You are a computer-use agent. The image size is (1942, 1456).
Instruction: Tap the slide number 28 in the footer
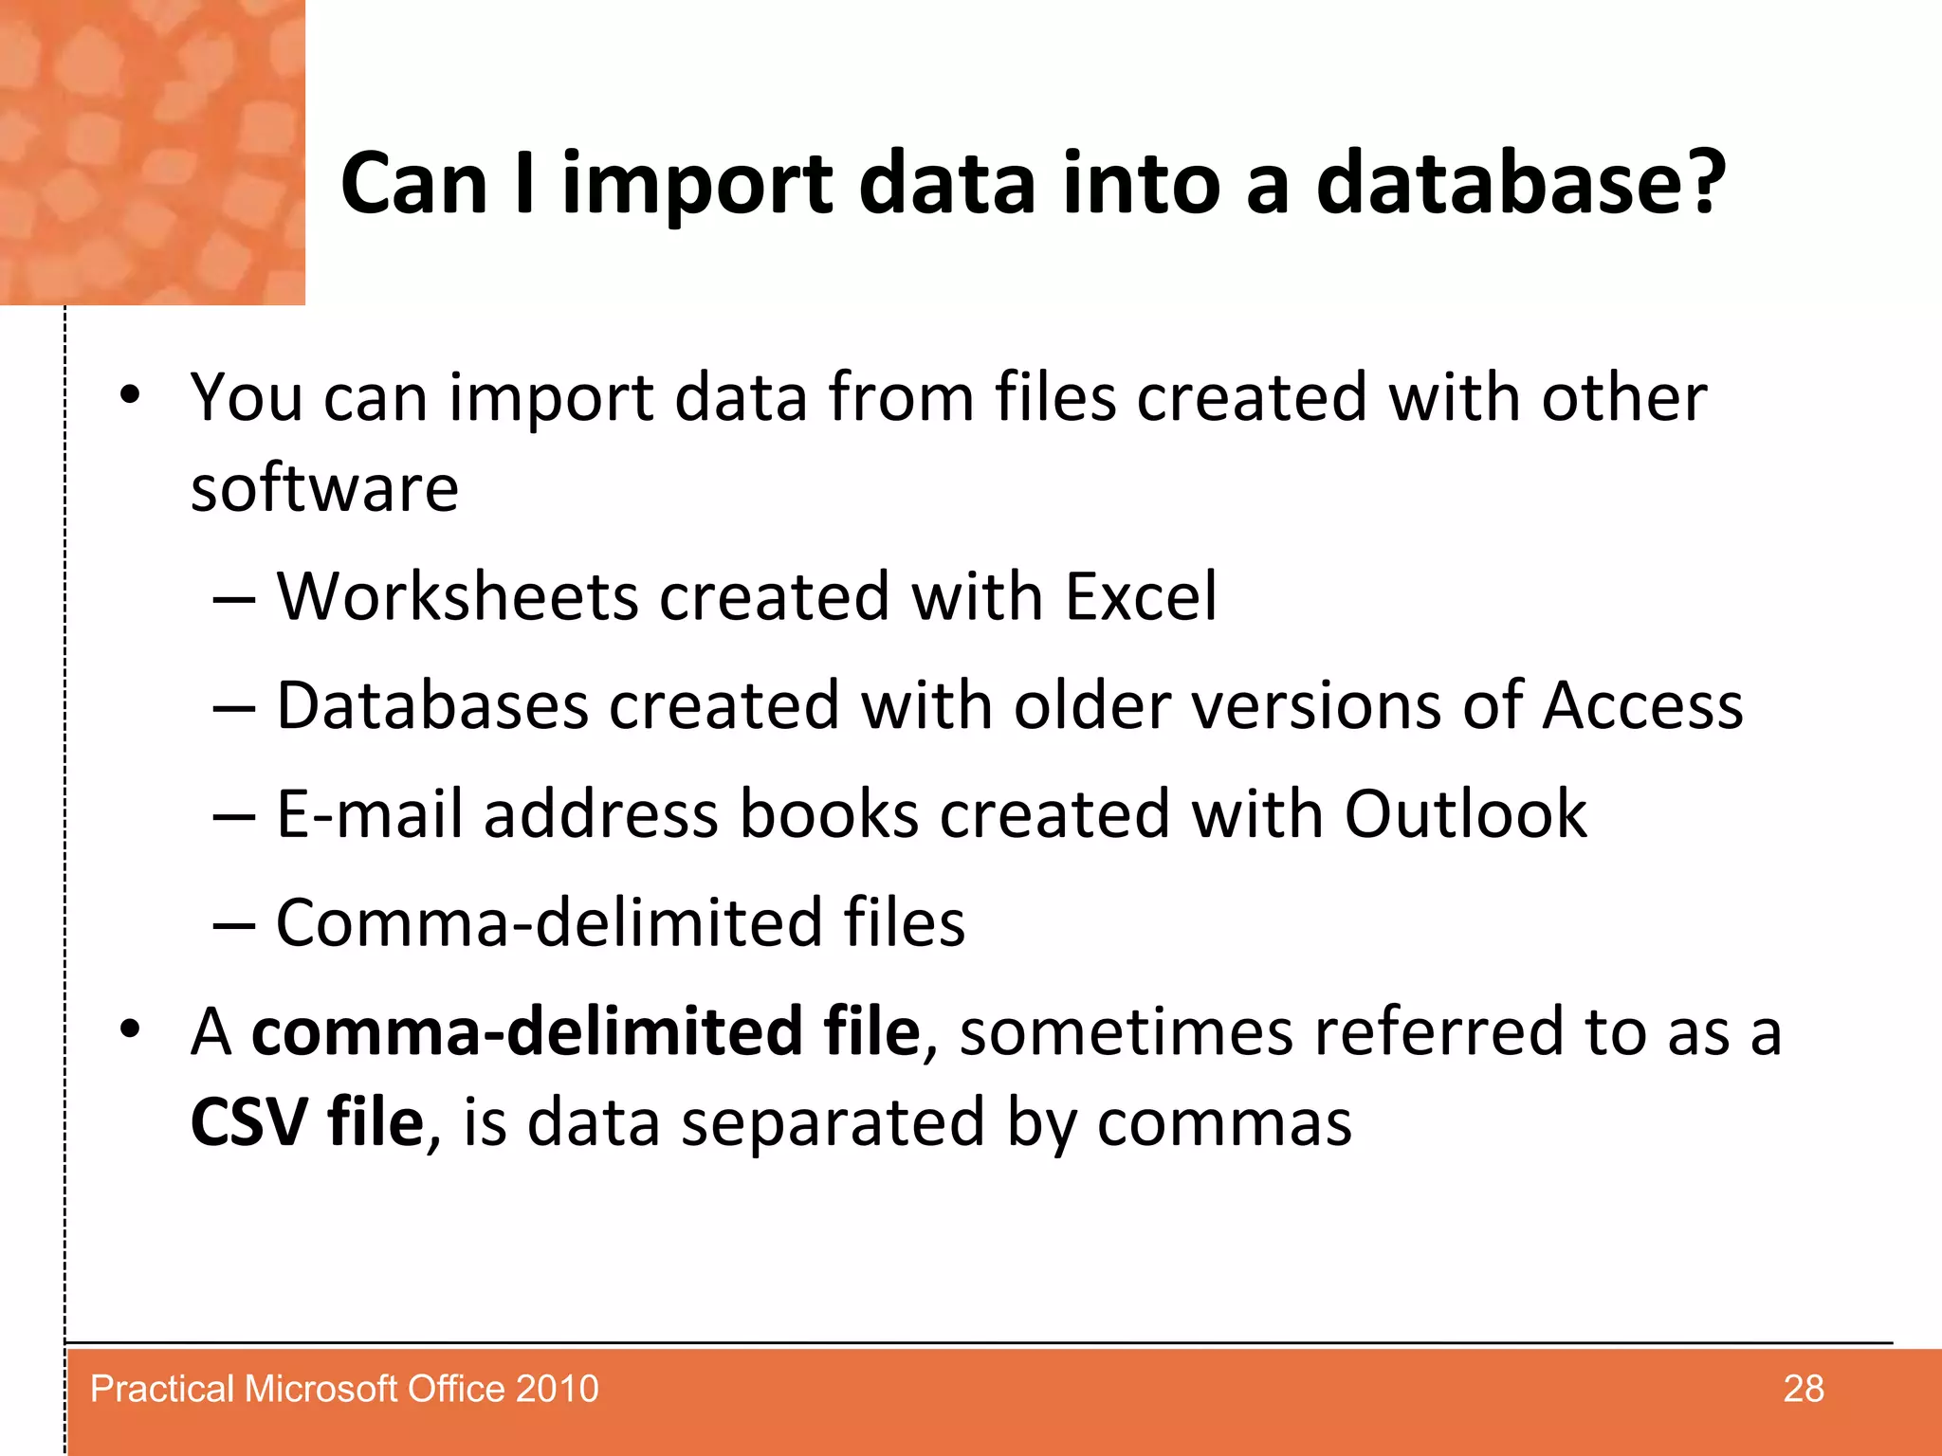click(1803, 1389)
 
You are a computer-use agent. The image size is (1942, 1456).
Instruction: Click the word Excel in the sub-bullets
click(1141, 596)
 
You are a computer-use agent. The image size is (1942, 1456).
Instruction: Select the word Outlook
click(1465, 813)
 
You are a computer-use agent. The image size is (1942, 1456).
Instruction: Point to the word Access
click(1642, 705)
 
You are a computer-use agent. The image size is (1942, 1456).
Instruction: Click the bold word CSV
click(248, 1122)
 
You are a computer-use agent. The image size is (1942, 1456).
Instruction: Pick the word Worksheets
click(457, 596)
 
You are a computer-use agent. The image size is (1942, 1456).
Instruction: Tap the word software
click(324, 488)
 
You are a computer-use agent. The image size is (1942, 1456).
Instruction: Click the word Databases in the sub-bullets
click(432, 705)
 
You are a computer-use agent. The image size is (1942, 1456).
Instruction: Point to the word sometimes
click(1127, 1031)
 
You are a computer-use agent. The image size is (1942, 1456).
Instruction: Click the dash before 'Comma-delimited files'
click(233, 924)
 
